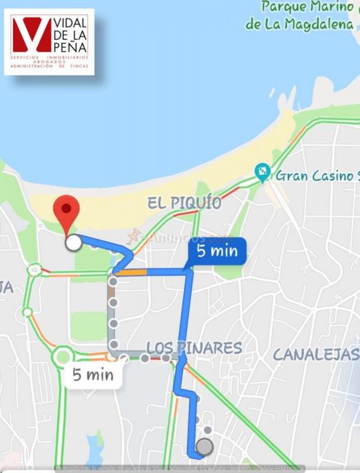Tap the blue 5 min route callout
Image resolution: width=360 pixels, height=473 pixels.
pos(216,251)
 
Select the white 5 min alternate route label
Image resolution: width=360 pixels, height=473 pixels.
pos(93,374)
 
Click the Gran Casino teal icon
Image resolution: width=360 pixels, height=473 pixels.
pos(261,173)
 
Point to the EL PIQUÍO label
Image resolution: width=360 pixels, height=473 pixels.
pos(184,203)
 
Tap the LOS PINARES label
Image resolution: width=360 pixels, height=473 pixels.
pos(194,348)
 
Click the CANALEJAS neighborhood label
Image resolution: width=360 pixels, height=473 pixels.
pos(316,355)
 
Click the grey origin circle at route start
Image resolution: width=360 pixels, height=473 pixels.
pos(205,447)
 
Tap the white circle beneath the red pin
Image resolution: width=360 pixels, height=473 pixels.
pos(74,242)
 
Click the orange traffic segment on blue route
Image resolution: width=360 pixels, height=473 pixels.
pos(134,273)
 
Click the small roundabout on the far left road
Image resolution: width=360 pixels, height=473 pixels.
pos(35,270)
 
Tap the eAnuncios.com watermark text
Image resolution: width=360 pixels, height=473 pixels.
pos(183,238)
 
